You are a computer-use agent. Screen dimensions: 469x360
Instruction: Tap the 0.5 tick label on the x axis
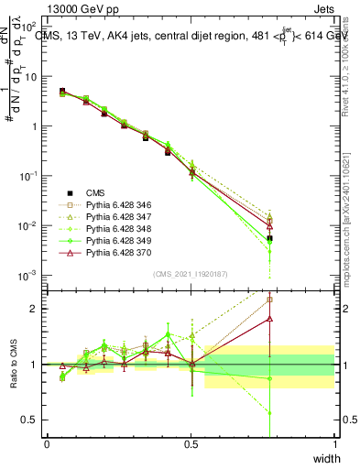pos(191,443)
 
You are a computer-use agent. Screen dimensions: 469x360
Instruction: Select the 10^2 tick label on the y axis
pos(29,27)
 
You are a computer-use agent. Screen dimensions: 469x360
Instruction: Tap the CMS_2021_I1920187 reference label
pos(191,274)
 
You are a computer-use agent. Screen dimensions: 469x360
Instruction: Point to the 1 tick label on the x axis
pos(334,443)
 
